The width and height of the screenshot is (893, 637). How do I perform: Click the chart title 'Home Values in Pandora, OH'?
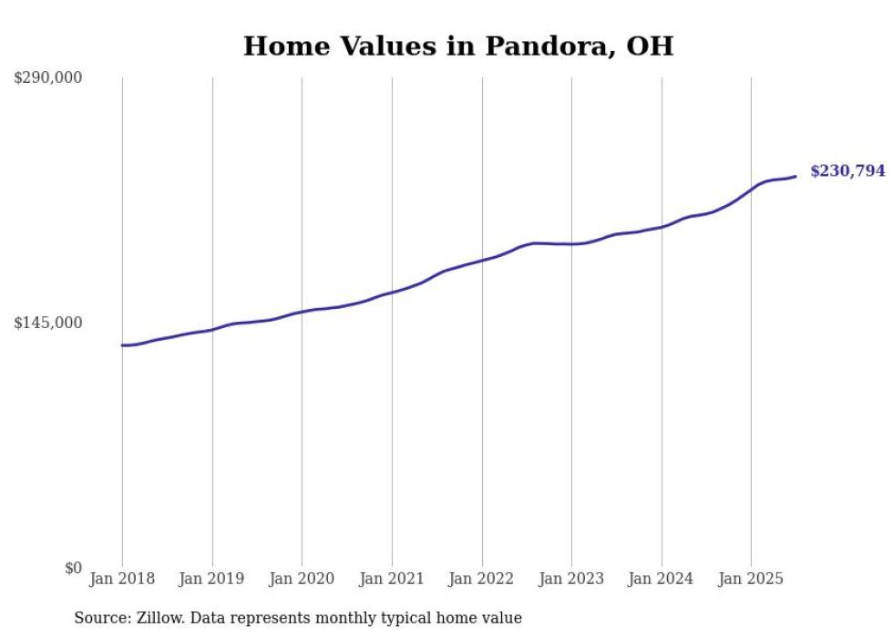[458, 46]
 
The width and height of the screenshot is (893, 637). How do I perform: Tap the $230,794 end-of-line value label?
[847, 170]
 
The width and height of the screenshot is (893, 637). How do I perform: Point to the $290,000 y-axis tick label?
[48, 77]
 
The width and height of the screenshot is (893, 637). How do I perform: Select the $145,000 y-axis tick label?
[48, 323]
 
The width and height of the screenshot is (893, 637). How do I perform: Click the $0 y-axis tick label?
[73, 568]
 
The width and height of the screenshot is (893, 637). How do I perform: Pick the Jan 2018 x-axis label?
[122, 579]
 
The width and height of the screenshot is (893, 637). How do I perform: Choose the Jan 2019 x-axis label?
[212, 579]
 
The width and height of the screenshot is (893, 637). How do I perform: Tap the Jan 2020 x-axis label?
[303, 579]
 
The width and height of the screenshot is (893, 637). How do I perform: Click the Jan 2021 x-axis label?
[392, 579]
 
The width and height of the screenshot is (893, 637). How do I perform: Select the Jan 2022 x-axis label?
[482, 579]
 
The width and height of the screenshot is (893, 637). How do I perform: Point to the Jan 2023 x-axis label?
[571, 579]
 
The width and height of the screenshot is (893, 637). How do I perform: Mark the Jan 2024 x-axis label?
[662, 579]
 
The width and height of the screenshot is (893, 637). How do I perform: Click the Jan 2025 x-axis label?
[751, 579]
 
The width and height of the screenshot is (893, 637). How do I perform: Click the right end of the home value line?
[795, 176]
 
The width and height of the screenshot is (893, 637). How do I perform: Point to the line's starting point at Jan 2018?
[122, 345]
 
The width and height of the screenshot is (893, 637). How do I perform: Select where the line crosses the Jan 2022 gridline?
[482, 261]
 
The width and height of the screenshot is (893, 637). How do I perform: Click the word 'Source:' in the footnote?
[101, 618]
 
